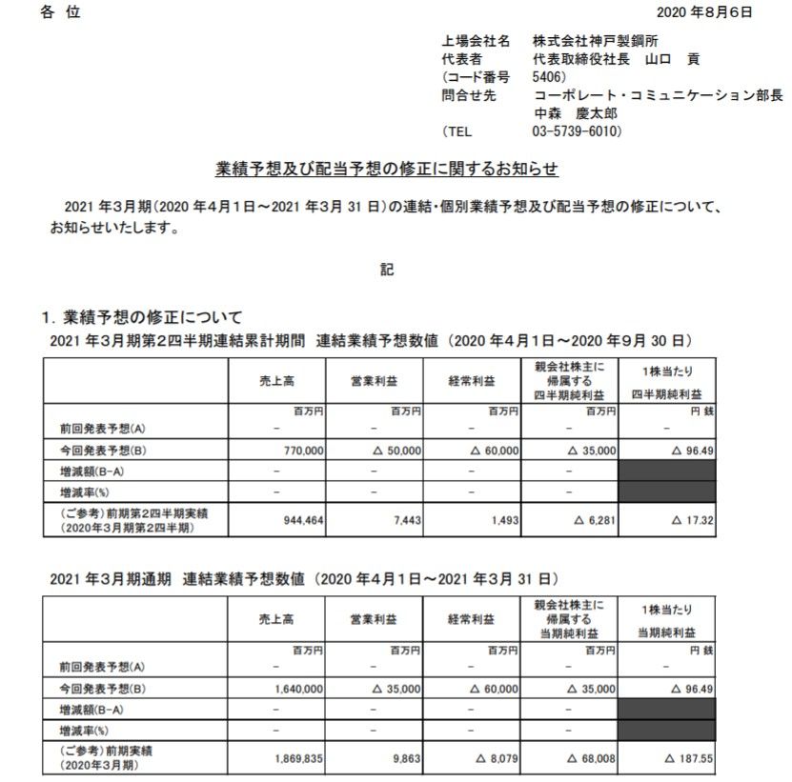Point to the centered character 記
[387, 270]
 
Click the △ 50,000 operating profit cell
[393, 451]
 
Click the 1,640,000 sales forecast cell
[298, 687]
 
